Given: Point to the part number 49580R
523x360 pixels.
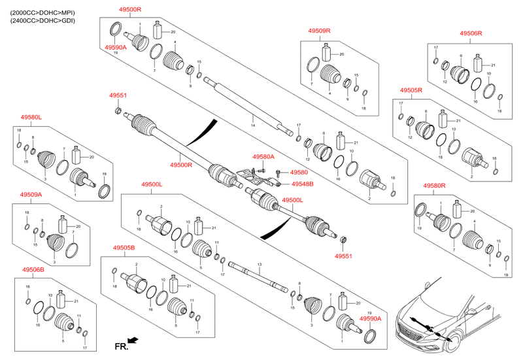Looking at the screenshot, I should click(x=433, y=186).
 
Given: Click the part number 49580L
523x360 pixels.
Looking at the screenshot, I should click(x=31, y=117).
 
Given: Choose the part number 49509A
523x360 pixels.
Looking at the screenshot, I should click(x=31, y=195).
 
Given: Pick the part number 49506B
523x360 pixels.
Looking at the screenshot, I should click(x=33, y=269).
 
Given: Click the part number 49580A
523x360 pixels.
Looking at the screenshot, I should click(x=263, y=157).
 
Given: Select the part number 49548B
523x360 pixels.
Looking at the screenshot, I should click(x=303, y=184).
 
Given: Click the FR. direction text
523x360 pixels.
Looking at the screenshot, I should click(x=120, y=344).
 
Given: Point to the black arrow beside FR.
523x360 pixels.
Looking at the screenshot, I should click(x=134, y=340).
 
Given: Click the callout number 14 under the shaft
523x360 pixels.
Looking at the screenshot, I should click(x=253, y=124).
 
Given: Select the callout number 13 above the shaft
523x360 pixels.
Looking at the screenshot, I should click(x=259, y=263).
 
